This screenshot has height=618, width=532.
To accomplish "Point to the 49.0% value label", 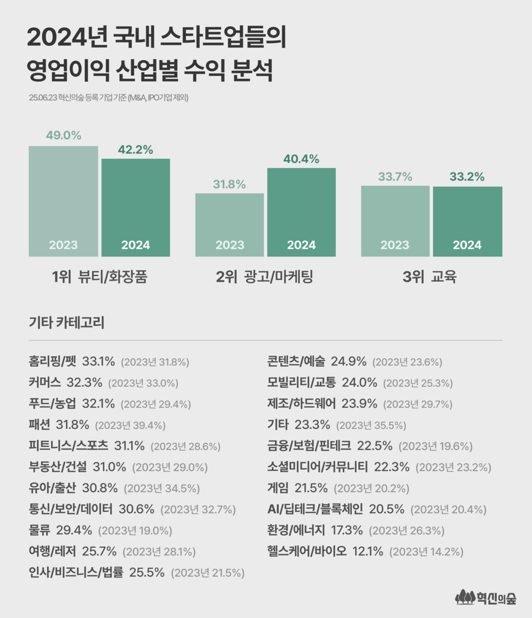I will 63,136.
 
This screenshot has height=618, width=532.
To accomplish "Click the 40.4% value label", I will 301,159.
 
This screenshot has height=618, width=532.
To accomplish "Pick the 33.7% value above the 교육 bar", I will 395,177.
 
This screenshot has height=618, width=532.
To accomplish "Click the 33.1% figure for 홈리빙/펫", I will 99,362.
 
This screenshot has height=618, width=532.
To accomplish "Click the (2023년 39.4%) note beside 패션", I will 130,425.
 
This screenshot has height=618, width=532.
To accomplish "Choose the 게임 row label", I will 279,489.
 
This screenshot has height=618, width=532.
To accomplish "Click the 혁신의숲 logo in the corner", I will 485,598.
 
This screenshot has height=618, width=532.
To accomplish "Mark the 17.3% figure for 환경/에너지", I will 347,531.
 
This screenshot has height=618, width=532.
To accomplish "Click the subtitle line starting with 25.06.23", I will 109,98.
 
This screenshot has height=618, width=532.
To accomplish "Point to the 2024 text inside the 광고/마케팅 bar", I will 301,245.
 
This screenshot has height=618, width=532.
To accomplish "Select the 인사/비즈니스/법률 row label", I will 75,573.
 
